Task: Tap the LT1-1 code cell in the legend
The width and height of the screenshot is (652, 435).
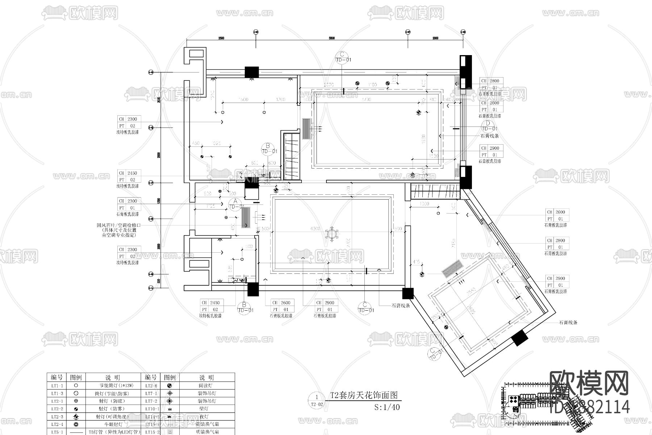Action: point(57,386)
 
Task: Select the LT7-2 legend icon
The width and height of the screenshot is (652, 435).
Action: point(170,401)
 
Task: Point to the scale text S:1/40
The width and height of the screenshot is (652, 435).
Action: point(387,407)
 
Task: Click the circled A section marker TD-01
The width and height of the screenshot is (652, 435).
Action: point(235,203)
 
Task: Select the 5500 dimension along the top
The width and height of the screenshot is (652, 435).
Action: point(331,38)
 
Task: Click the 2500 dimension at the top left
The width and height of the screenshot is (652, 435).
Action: point(221,38)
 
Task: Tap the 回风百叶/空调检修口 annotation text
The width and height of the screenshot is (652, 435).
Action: point(118,225)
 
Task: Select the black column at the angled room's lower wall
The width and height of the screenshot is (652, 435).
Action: point(519,338)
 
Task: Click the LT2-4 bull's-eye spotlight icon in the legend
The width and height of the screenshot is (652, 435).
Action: point(76,424)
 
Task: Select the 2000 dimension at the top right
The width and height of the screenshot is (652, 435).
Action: point(435,38)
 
